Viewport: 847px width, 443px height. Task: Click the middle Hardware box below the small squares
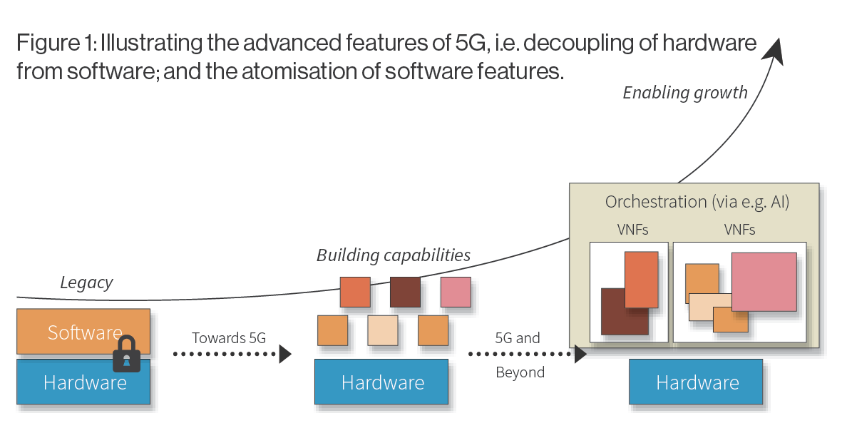(381, 383)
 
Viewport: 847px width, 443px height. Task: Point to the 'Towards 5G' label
(229, 337)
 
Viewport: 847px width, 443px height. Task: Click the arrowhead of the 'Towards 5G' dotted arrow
(285, 354)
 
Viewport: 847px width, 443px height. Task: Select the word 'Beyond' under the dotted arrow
(520, 372)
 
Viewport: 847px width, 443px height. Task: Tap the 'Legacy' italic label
(86, 282)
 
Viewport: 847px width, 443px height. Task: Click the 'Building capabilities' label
(394, 255)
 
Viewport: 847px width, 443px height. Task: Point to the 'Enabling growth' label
(685, 92)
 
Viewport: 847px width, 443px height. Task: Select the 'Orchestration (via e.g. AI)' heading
(697, 202)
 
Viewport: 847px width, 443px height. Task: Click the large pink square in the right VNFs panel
(764, 281)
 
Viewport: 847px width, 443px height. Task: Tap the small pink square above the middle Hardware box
(456, 292)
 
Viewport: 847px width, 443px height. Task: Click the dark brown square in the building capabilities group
(405, 292)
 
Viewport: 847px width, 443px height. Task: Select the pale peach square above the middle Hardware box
(383, 330)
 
